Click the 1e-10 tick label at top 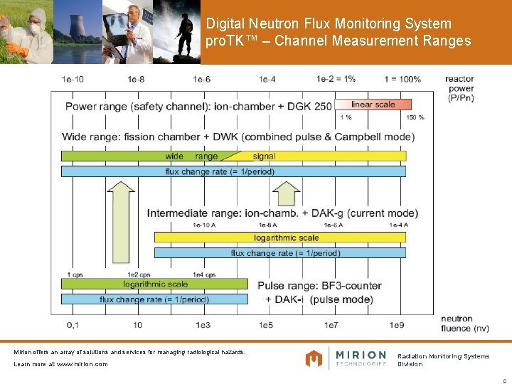click(x=73, y=79)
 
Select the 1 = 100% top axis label click(x=402, y=79)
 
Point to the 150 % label click(x=415, y=117)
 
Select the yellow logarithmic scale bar click(x=286, y=238)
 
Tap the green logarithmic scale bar click(x=155, y=284)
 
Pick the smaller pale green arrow click(x=286, y=193)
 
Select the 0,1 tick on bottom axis click(x=73, y=325)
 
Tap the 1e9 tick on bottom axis click(x=397, y=325)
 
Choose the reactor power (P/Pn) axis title click(x=461, y=88)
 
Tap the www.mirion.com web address click(x=82, y=364)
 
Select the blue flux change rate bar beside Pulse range click(x=155, y=299)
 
